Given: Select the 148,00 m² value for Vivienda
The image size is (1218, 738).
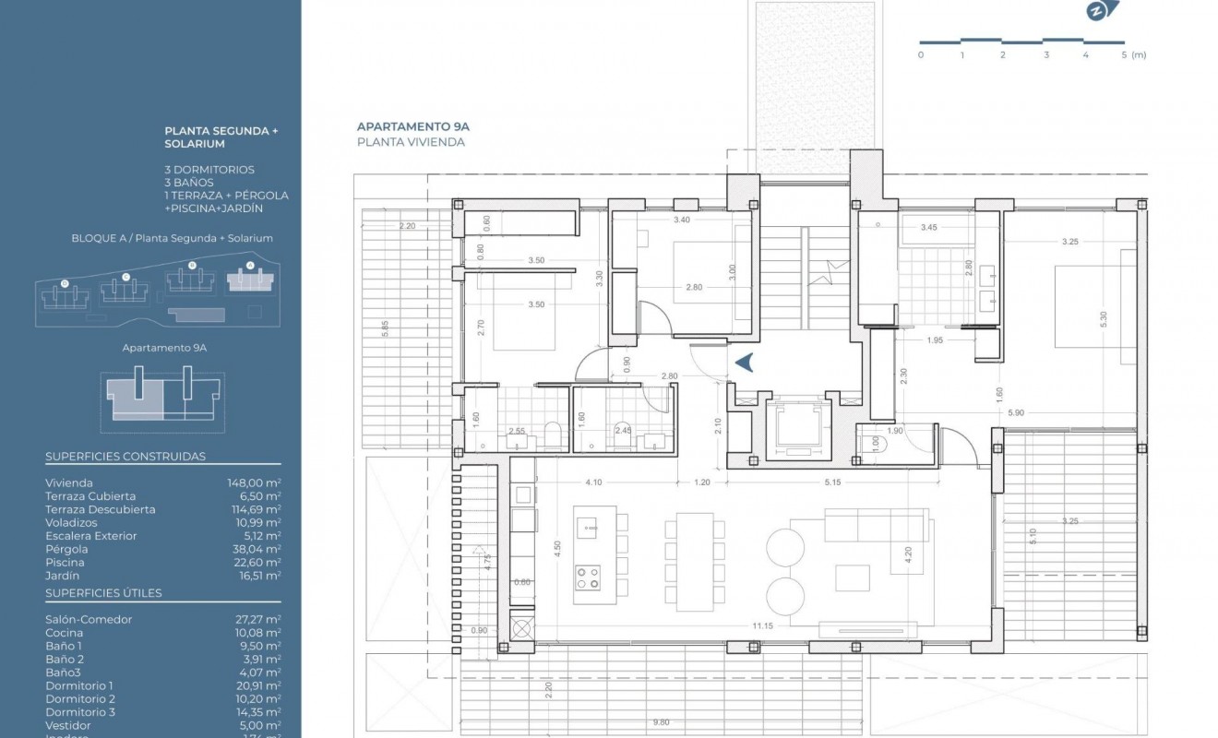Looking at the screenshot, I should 254,482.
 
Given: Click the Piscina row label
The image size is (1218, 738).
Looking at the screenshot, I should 65,562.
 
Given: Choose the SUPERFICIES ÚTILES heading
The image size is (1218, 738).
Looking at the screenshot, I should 103,592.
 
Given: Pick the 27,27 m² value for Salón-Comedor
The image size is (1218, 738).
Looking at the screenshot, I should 258,619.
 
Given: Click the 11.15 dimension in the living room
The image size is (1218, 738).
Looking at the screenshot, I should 762,626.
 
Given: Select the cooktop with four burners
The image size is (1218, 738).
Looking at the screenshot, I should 587,578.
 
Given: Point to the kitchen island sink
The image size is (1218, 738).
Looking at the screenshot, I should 587,526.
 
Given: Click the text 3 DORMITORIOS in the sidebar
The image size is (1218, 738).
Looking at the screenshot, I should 209,170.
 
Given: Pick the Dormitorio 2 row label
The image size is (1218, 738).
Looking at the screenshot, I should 80,698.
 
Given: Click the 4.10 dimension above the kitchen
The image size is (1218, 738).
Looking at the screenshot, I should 593,482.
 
